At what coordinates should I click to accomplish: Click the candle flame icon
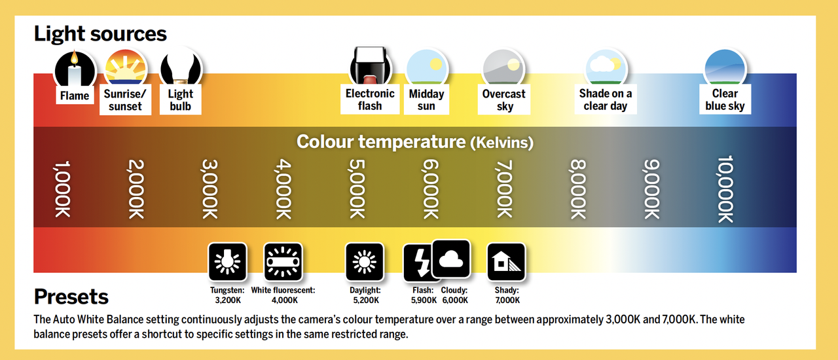[x=74, y=68]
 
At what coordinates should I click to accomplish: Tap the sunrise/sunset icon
[x=125, y=68]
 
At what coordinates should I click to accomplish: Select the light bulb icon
[x=181, y=68]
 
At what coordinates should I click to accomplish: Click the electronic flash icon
[x=370, y=65]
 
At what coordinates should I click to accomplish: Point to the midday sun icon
[x=426, y=68]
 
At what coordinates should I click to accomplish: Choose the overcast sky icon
[x=503, y=68]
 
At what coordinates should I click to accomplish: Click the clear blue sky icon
[x=725, y=68]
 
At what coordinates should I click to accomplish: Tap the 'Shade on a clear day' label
[x=605, y=99]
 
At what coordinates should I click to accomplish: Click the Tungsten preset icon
[x=227, y=262]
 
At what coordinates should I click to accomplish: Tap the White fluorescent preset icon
[x=283, y=262]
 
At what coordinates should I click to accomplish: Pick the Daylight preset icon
[x=365, y=262]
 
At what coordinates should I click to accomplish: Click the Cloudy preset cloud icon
[x=450, y=259]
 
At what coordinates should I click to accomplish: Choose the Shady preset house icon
[x=507, y=262]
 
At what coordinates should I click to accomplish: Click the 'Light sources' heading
[x=100, y=33]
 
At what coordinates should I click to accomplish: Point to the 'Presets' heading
[x=71, y=297]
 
